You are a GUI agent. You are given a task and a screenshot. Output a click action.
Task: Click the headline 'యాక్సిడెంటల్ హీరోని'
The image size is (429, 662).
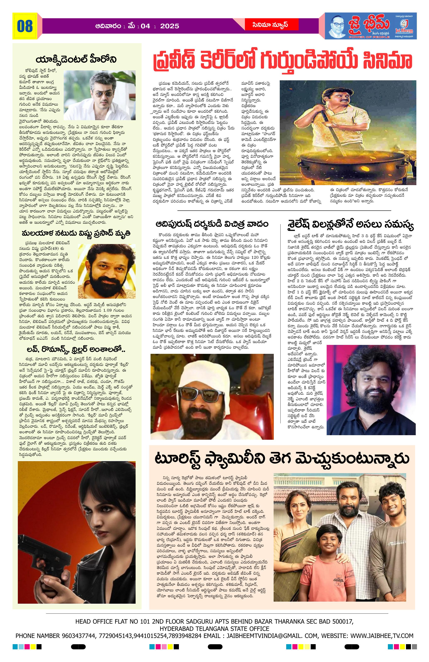click(76, 60)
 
